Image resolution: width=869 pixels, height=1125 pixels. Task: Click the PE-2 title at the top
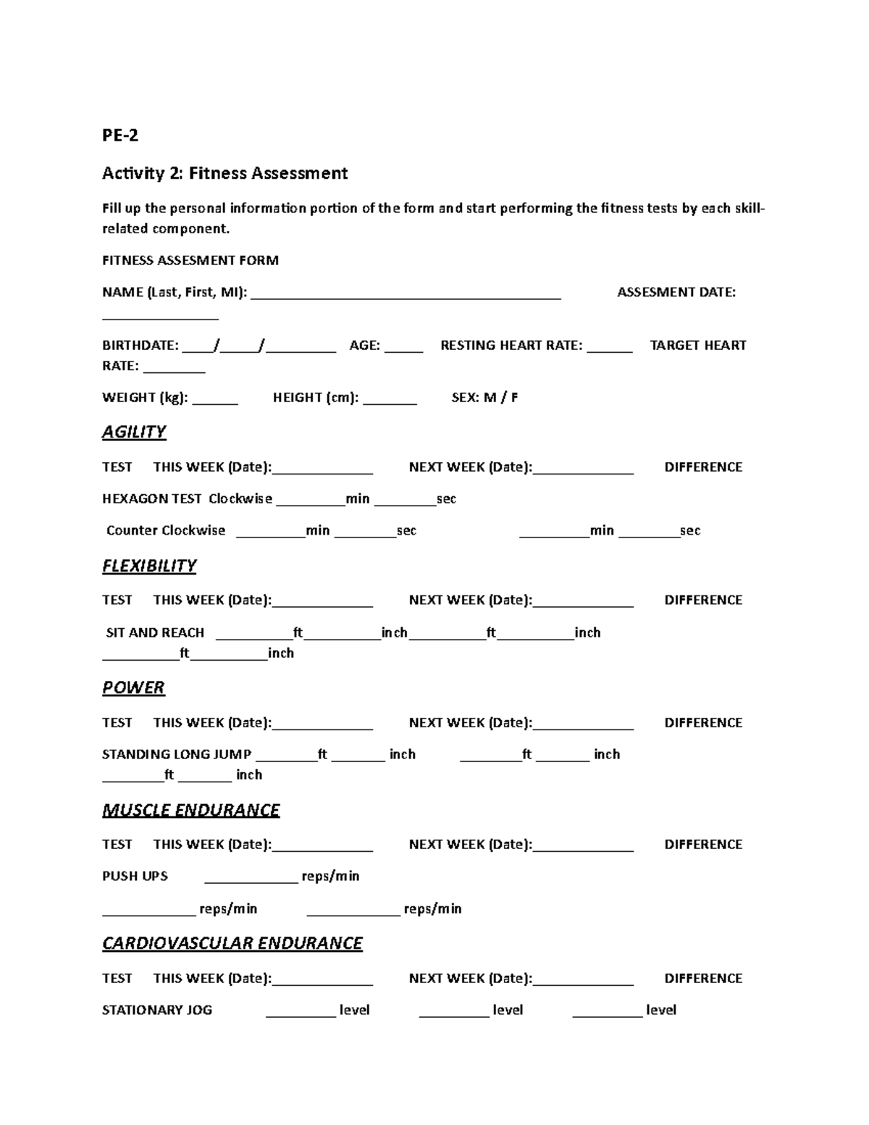pos(120,135)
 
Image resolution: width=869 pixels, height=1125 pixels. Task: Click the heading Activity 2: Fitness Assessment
pos(224,173)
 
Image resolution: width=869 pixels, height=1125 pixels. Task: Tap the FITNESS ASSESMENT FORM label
pos(190,260)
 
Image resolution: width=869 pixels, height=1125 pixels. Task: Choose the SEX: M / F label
pos(484,397)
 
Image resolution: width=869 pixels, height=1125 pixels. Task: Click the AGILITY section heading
pos(134,432)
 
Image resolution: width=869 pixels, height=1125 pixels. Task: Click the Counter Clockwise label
pos(166,530)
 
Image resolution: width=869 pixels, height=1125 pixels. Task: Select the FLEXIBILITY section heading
pos(149,566)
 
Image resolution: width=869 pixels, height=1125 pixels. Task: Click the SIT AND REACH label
pos(155,632)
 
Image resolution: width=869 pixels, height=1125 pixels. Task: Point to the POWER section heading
pos(133,687)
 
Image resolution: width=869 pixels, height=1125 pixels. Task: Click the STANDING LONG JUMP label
pos(177,754)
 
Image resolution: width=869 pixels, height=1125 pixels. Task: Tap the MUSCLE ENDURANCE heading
pos(190,810)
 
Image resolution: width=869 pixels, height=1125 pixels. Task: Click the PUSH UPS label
pos(135,876)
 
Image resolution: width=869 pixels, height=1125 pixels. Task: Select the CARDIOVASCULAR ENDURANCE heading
pos(232,943)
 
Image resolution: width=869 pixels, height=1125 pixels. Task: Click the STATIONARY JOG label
pos(157,1010)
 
